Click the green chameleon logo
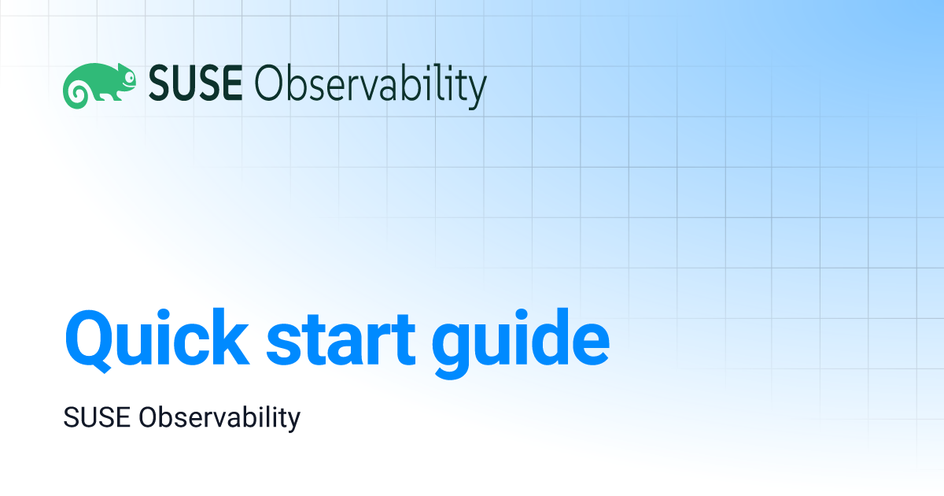(x=99, y=86)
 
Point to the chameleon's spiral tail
(x=77, y=93)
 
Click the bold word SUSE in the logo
(x=196, y=83)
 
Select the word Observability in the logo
(x=371, y=86)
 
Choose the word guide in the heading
(x=521, y=343)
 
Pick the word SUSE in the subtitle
(x=97, y=417)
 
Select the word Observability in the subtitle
(x=219, y=419)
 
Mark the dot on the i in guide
(x=522, y=316)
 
